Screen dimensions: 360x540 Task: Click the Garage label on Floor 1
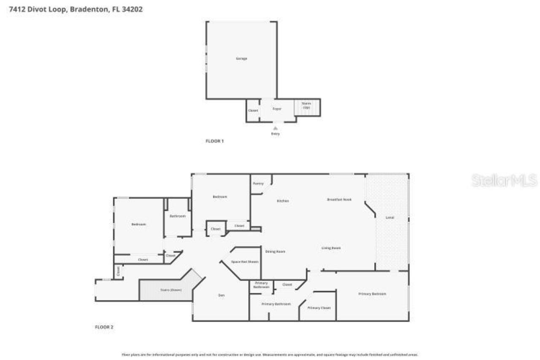tap(241, 59)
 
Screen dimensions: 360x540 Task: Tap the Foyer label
tap(277, 109)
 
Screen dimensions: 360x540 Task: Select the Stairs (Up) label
tap(307, 106)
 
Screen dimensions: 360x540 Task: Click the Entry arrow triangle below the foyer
tap(275, 128)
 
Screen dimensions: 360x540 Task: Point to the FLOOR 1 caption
tap(214, 141)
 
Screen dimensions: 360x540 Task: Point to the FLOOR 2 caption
tap(103, 327)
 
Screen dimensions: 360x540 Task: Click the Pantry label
tap(258, 184)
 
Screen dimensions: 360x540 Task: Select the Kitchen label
tap(283, 201)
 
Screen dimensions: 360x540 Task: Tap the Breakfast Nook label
tap(339, 199)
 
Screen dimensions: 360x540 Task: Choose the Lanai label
tap(390, 218)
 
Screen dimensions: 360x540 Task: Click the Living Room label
tap(331, 248)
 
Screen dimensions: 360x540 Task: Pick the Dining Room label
tap(275, 252)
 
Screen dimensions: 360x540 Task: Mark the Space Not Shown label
tap(245, 262)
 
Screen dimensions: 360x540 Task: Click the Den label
tap(221, 295)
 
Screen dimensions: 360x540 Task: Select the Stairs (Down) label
tap(170, 290)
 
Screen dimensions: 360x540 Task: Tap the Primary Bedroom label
tap(372, 294)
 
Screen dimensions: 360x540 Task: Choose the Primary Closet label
tap(319, 308)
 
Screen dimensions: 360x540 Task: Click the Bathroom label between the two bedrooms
tap(178, 216)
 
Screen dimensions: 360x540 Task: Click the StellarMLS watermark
tap(504, 181)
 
